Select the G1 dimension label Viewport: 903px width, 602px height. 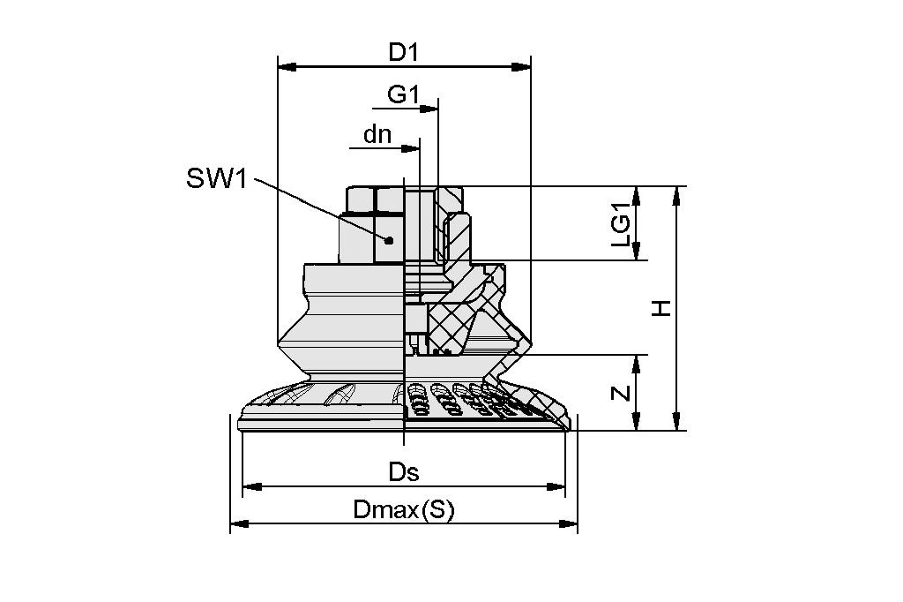pyautogui.click(x=403, y=94)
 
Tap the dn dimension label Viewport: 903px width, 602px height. pyautogui.click(x=377, y=135)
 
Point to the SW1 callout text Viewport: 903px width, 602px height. pyautogui.click(x=218, y=179)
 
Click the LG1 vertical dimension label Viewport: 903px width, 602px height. pyautogui.click(x=621, y=224)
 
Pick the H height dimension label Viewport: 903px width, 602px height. pyautogui.click(x=662, y=308)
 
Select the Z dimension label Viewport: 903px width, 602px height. pyautogui.click(x=622, y=393)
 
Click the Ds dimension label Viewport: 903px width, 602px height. pyautogui.click(x=404, y=472)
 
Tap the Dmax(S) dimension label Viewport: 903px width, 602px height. pyautogui.click(x=403, y=510)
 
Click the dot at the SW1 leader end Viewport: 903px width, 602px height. pyautogui.click(x=388, y=240)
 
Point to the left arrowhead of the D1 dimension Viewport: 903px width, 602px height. pyautogui.click(x=285, y=66)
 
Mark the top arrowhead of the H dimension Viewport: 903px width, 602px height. pyautogui.click(x=676, y=193)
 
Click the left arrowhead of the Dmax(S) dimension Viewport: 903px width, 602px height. pyautogui.click(x=237, y=524)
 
